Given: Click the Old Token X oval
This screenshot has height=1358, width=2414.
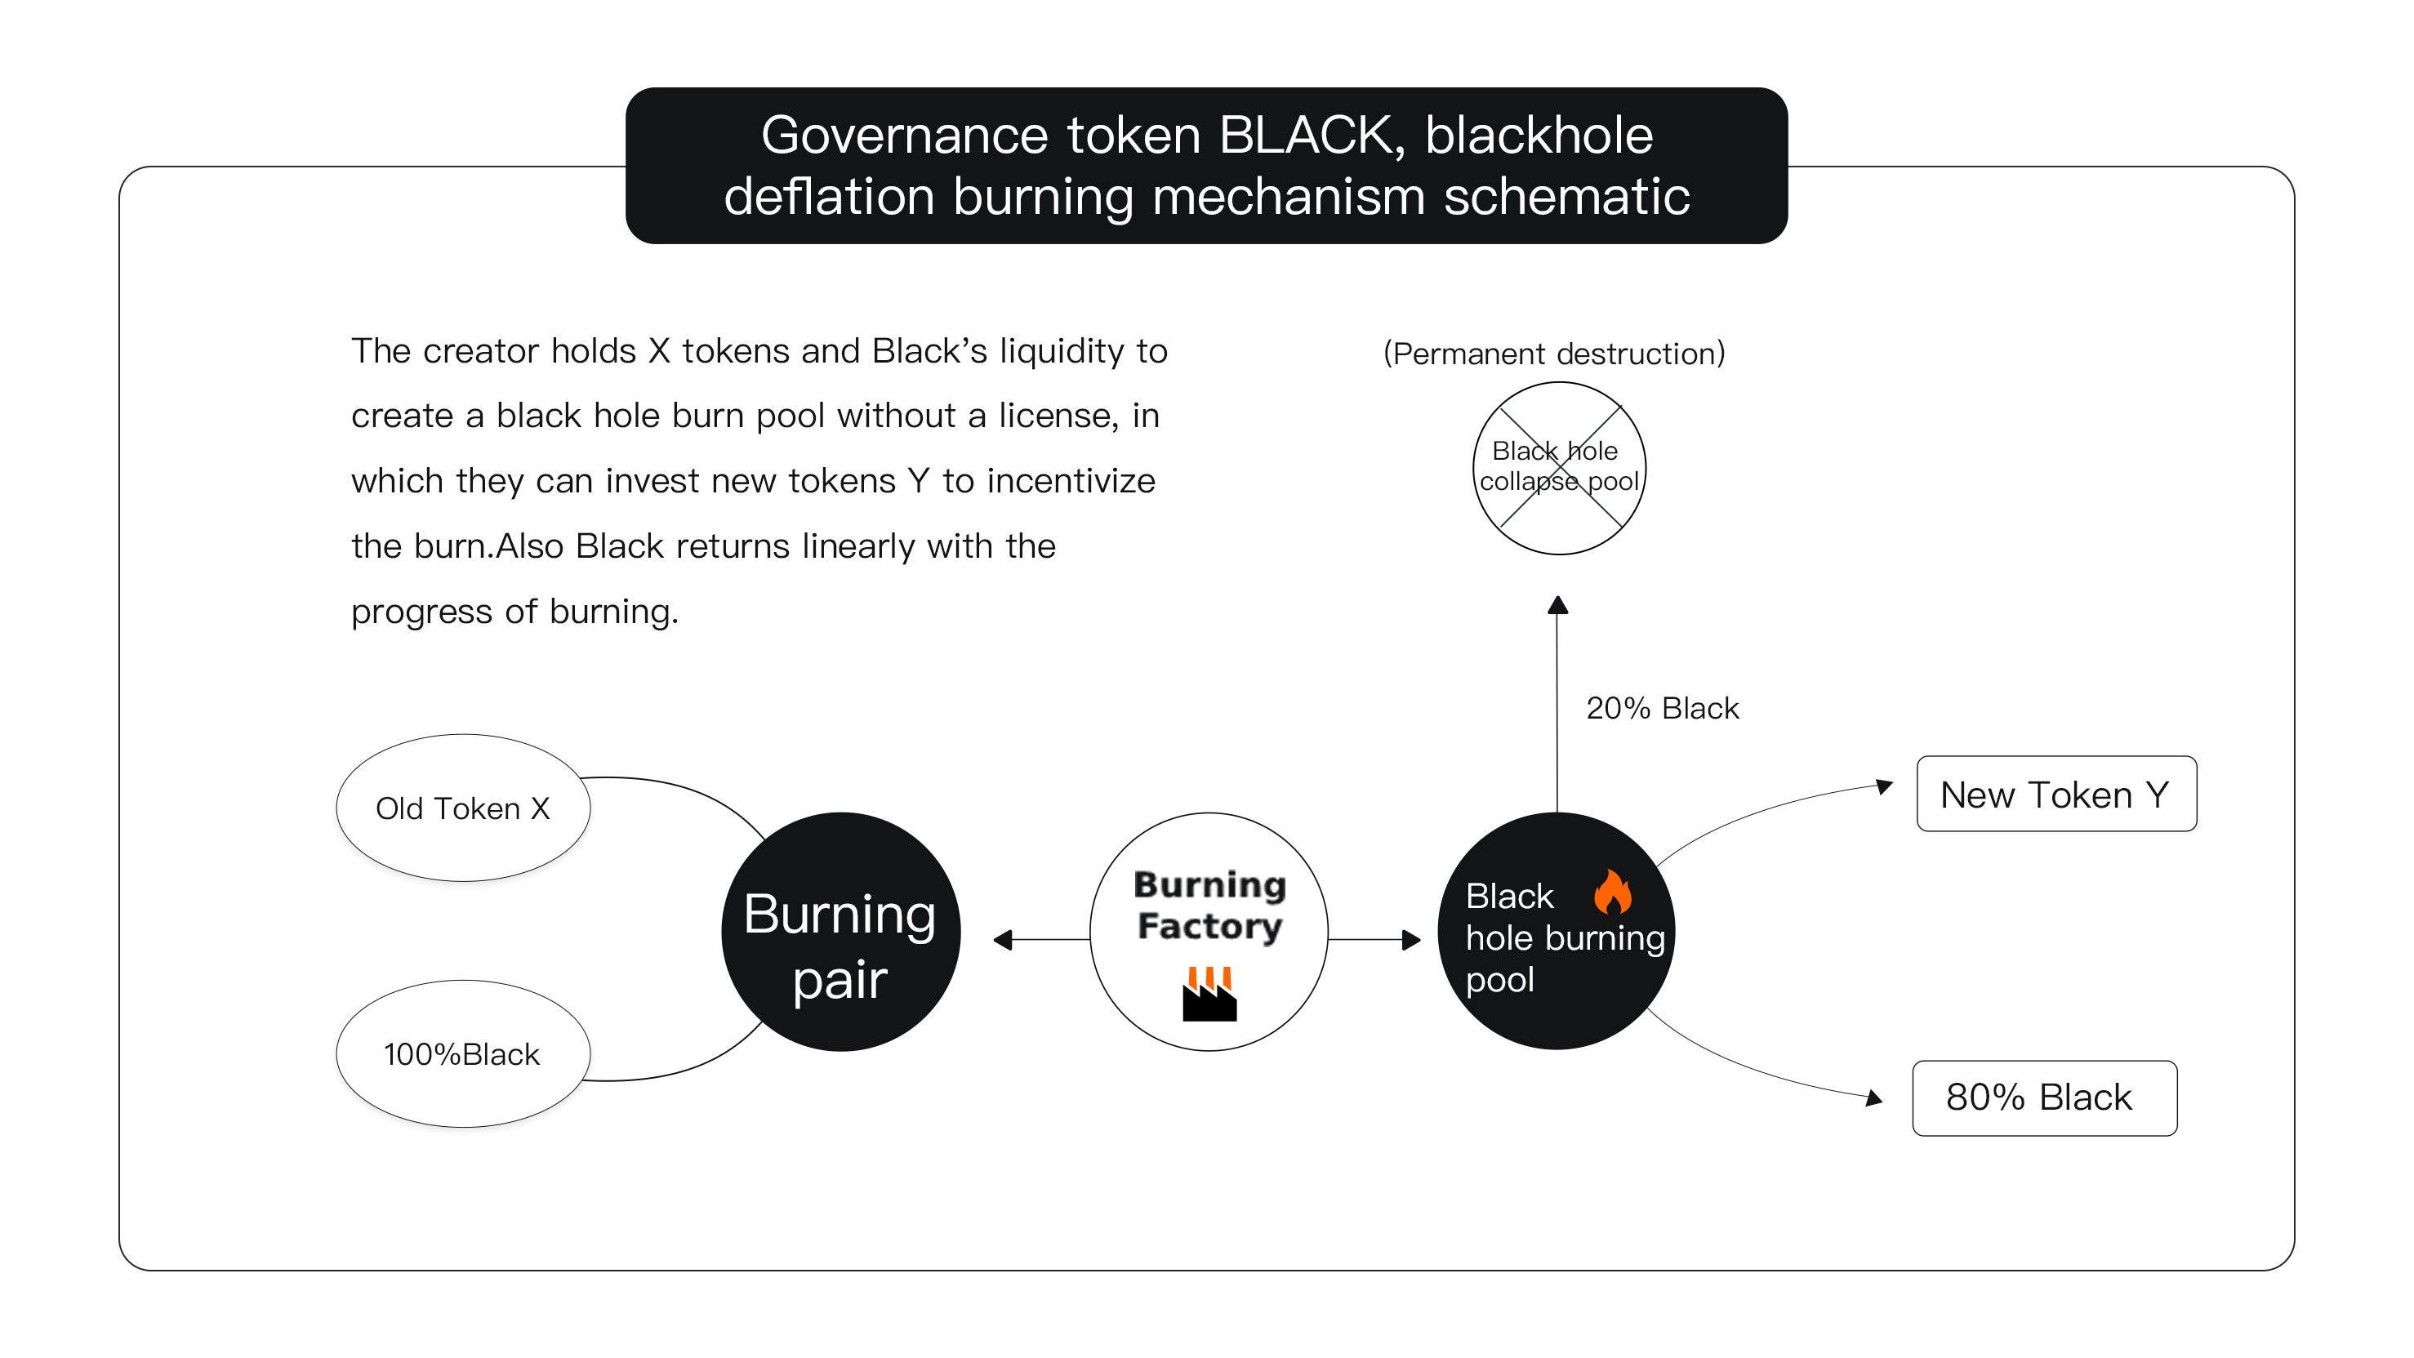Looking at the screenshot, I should [x=463, y=808].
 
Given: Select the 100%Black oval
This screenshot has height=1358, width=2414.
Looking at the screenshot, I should [x=463, y=1053].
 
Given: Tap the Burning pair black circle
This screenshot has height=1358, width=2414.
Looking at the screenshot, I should [x=840, y=932].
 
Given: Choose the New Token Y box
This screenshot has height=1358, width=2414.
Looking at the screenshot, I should [x=2056, y=794].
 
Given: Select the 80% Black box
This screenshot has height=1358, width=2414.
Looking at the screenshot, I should [x=2044, y=1098].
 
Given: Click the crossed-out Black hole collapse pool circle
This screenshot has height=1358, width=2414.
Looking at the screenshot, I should [x=1558, y=468].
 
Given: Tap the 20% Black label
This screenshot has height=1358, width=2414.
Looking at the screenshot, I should [x=1662, y=708].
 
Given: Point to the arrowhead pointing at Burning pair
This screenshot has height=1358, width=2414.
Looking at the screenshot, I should [x=1003, y=939].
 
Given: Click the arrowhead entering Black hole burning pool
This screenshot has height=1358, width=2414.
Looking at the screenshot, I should [x=1410, y=939].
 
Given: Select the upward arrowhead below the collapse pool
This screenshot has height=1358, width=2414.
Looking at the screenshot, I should [x=1557, y=605].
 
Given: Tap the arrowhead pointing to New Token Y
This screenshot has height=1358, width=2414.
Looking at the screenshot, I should [x=1884, y=786].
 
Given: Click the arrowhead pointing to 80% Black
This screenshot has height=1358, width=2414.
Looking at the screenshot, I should [x=1873, y=1098].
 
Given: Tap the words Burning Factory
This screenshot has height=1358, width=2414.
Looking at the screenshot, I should [x=1209, y=906].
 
